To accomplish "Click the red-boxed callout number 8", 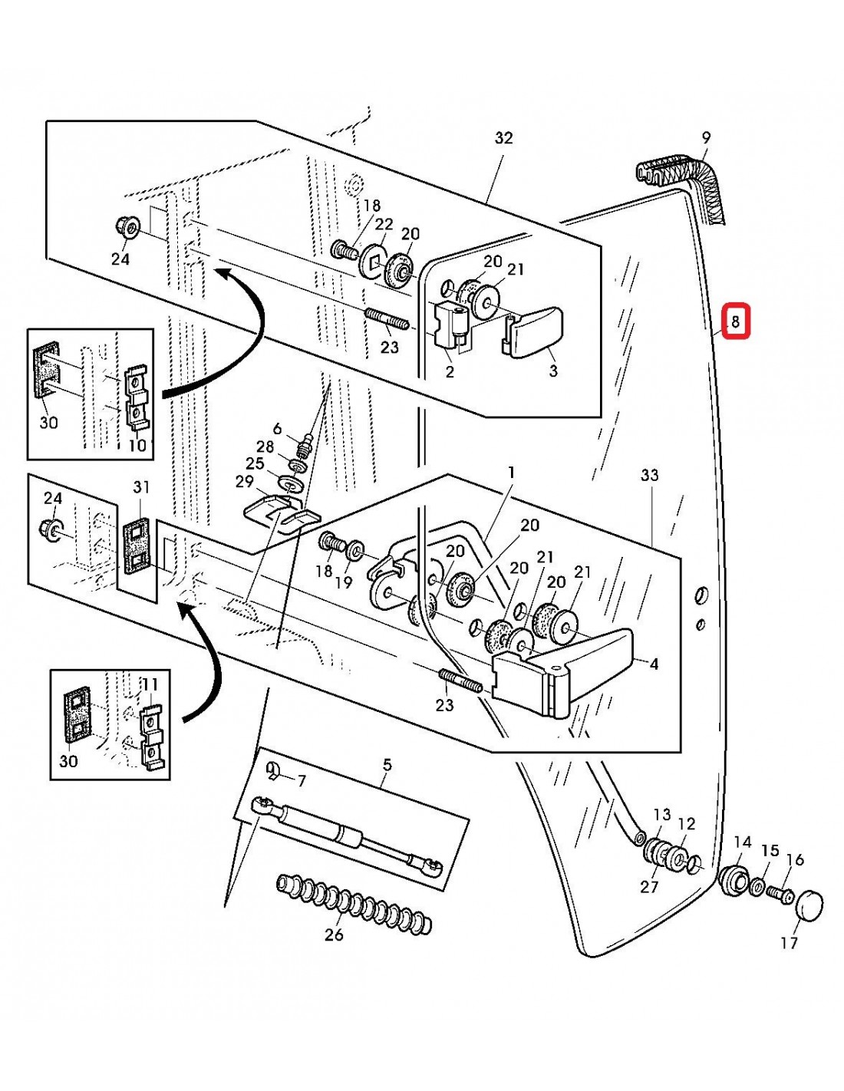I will click(x=735, y=322).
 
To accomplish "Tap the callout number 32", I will click(x=503, y=138).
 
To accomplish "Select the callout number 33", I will click(x=649, y=476).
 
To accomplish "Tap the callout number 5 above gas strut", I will click(x=387, y=765).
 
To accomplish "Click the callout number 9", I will click(x=706, y=138).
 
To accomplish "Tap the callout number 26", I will click(x=334, y=935).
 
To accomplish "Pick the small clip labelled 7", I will click(x=275, y=771).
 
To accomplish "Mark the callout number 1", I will click(x=511, y=473).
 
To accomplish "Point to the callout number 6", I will click(x=277, y=430).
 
